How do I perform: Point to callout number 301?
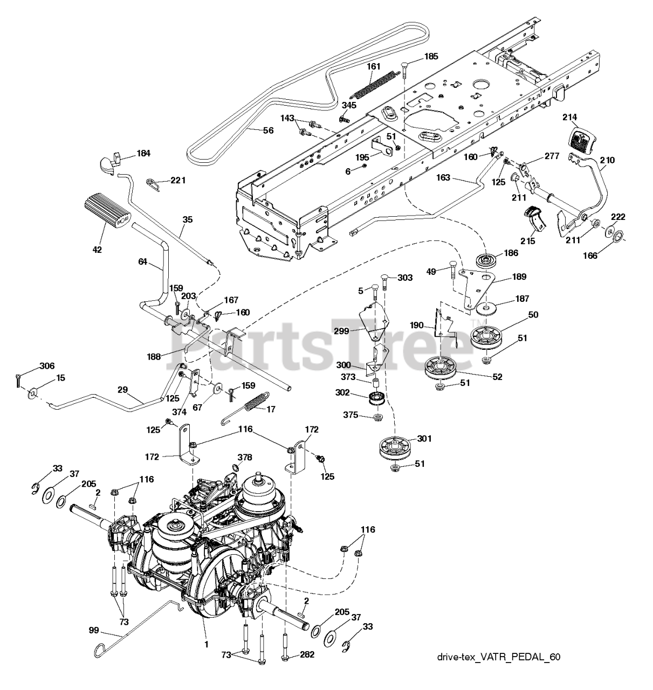tap(424, 439)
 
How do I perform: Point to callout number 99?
tap(95, 629)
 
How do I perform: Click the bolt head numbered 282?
tap(285, 657)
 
